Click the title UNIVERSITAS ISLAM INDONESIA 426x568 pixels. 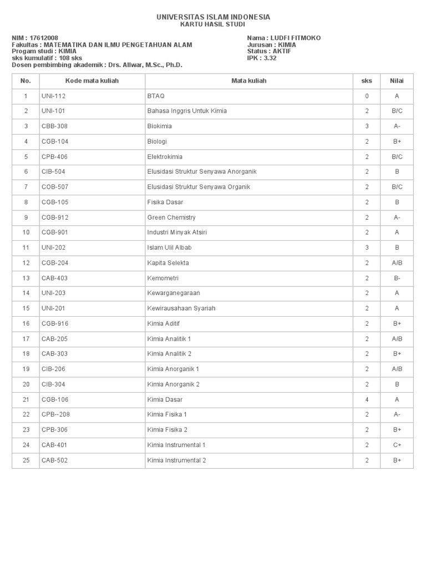point(214,17)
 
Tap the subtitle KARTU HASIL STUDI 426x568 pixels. point(214,24)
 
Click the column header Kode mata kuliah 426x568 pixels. point(92,81)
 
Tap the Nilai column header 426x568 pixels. point(397,81)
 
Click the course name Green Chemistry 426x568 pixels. point(171,217)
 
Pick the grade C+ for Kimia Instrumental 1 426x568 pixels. point(397,445)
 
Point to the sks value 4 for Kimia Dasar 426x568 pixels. point(367,399)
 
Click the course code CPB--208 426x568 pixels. point(55,414)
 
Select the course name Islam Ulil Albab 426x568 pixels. point(169,248)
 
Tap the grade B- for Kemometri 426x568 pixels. point(397,278)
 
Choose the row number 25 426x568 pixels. point(26,460)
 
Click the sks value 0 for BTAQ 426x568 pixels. point(367,96)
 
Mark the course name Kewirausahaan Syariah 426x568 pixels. point(181,308)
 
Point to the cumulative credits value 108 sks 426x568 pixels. point(71,58)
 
